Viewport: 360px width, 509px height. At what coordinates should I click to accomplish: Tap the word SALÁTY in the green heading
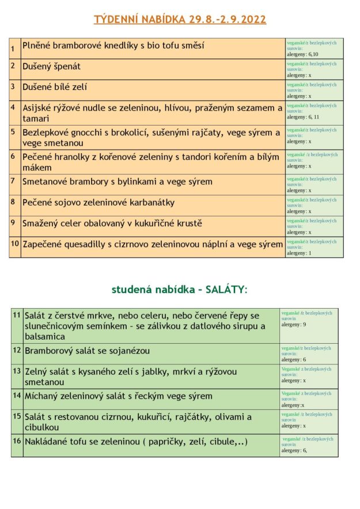tap(224, 289)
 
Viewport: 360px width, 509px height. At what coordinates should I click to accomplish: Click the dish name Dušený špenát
tap(51, 66)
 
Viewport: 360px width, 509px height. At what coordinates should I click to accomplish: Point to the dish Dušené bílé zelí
tap(55, 87)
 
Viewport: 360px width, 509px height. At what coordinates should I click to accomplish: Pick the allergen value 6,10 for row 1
tap(312, 54)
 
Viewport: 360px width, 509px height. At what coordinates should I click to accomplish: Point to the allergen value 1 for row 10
tap(310, 253)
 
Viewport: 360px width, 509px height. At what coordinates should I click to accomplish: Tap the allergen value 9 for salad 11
tap(304, 325)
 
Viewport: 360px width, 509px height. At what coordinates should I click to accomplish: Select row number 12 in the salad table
tap(17, 350)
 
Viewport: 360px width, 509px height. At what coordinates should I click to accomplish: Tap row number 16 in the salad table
tap(17, 441)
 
